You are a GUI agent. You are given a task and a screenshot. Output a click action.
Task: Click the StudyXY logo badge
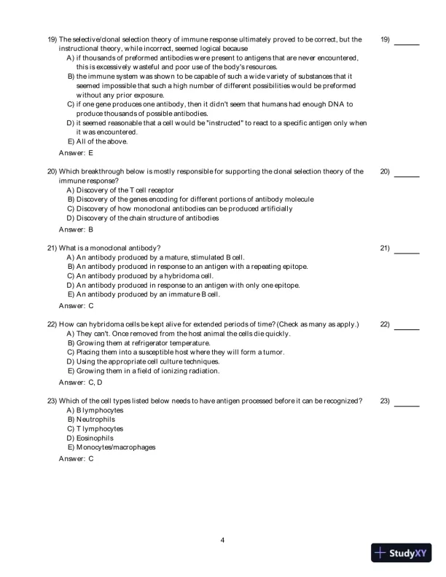tap(400, 552)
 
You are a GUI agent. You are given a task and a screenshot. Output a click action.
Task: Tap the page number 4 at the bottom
tap(223, 540)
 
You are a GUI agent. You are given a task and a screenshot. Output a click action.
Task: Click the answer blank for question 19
tap(407, 44)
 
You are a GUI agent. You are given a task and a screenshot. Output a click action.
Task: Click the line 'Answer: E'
tap(76, 153)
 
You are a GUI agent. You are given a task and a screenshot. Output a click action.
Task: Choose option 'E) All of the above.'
tap(97, 141)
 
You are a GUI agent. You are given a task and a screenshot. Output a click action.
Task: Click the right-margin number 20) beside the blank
tap(385, 172)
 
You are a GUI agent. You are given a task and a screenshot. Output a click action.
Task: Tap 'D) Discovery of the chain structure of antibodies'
tap(142, 218)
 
